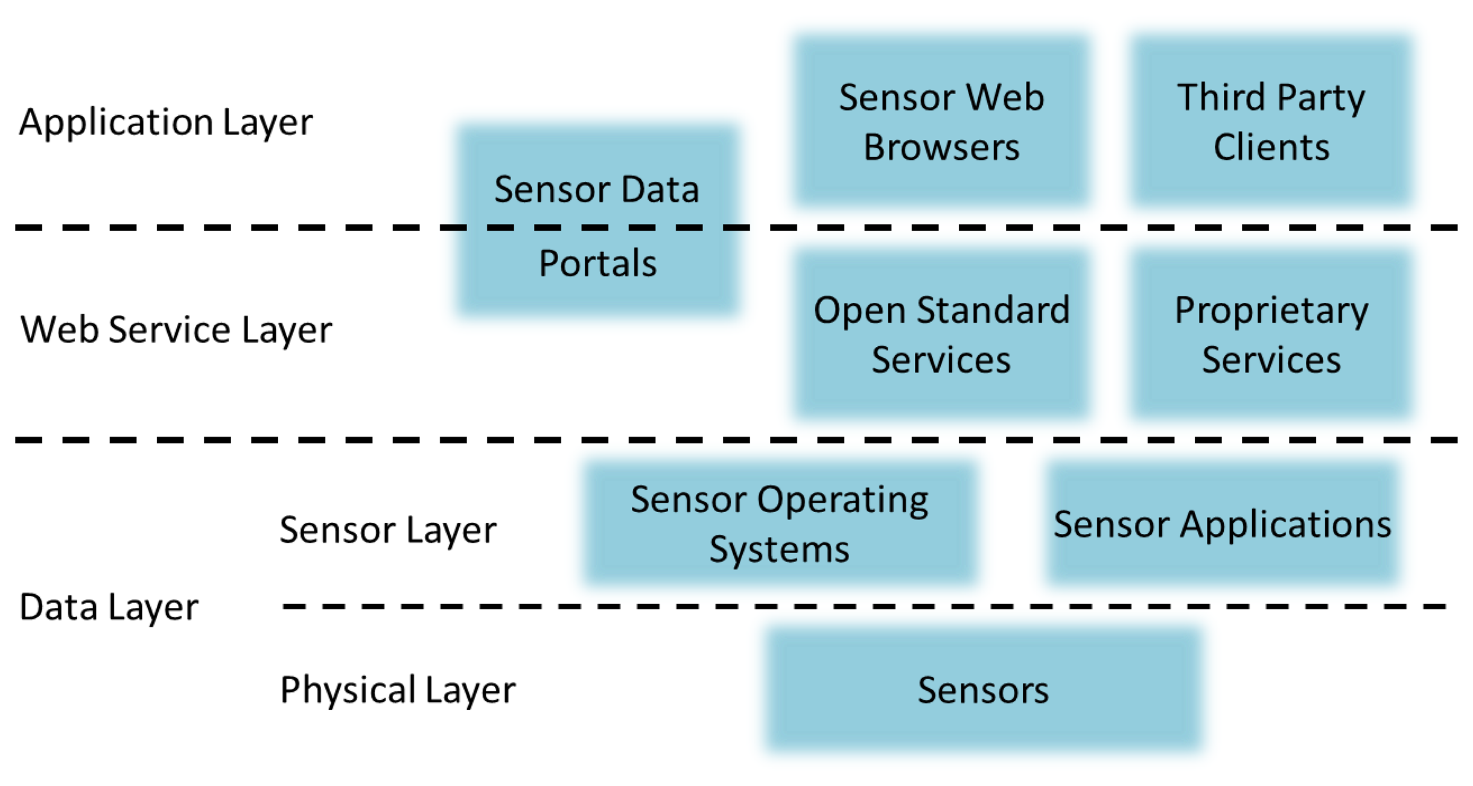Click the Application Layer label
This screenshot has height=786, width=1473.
coord(166,122)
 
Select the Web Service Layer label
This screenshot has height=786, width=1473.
coord(176,330)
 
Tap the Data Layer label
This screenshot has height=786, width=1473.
coord(109,607)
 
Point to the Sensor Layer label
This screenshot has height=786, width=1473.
coord(388,530)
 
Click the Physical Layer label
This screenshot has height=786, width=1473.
coord(398,689)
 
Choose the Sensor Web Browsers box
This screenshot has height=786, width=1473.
coord(941,121)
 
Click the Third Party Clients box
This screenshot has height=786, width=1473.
coord(1271,121)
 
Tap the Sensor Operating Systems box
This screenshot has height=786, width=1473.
coord(780,524)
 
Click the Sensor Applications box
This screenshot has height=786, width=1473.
coord(1223,524)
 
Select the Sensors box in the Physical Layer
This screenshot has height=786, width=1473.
coord(984,689)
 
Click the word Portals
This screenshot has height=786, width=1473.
coord(597,264)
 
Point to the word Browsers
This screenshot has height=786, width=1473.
coord(941,147)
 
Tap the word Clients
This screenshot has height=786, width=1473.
coord(1271,147)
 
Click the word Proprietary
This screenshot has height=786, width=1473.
coord(1271,311)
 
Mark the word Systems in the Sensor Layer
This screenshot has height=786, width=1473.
coord(780,549)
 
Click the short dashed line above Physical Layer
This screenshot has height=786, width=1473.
coord(863,606)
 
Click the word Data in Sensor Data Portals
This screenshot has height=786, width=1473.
coord(660,189)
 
